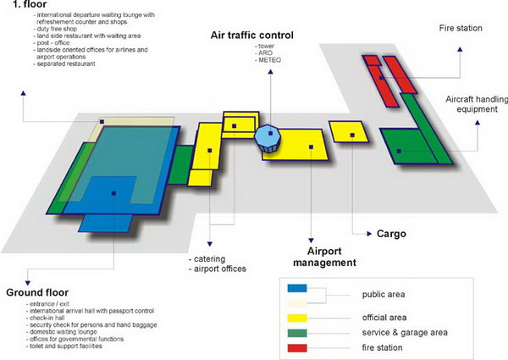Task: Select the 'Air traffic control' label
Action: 252,36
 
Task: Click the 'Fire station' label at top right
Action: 461,29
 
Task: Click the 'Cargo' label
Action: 392,232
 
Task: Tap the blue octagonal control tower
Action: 268,137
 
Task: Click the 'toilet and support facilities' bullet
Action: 63,347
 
